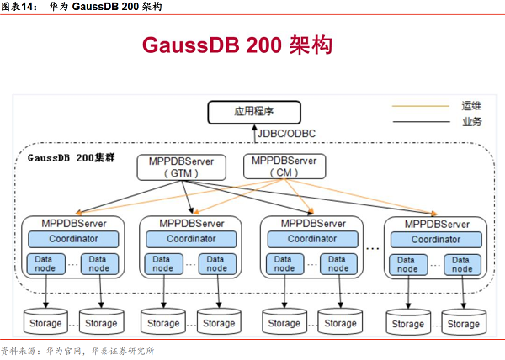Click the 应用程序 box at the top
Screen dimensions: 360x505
click(253, 111)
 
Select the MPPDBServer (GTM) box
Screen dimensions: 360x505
click(181, 167)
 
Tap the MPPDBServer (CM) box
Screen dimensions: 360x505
click(284, 166)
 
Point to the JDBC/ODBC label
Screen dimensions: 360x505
click(287, 133)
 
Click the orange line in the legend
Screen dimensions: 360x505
click(420, 106)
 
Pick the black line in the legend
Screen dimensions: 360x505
click(420, 121)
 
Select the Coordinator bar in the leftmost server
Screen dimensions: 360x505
click(72, 239)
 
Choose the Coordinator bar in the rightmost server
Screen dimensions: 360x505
click(434, 239)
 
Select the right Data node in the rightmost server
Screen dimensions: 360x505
click(462, 264)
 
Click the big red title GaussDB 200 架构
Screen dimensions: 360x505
click(237, 45)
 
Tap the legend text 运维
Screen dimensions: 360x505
click(471, 106)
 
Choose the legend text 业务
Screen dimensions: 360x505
click(471, 121)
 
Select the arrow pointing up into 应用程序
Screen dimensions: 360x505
click(253, 133)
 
